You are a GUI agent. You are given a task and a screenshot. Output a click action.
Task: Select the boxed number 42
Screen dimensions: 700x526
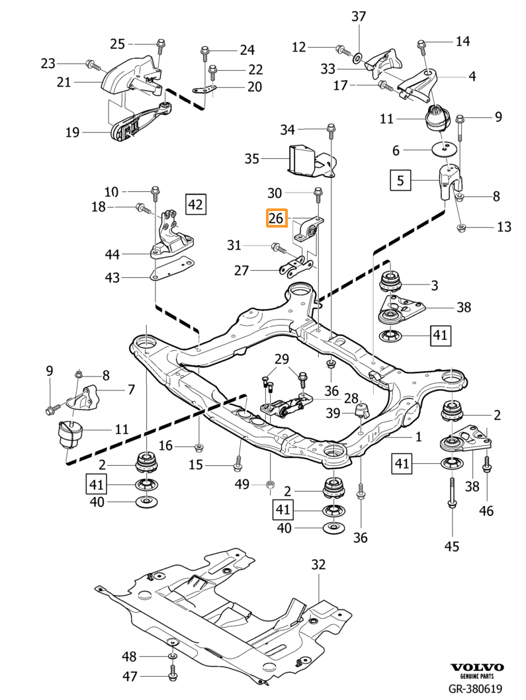pos(195,204)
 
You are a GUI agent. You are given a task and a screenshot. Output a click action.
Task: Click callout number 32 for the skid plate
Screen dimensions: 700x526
pos(319,564)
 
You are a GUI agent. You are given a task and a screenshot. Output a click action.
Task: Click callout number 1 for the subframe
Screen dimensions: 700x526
pos(417,437)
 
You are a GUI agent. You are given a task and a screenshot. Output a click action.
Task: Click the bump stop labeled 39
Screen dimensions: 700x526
pos(361,412)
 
